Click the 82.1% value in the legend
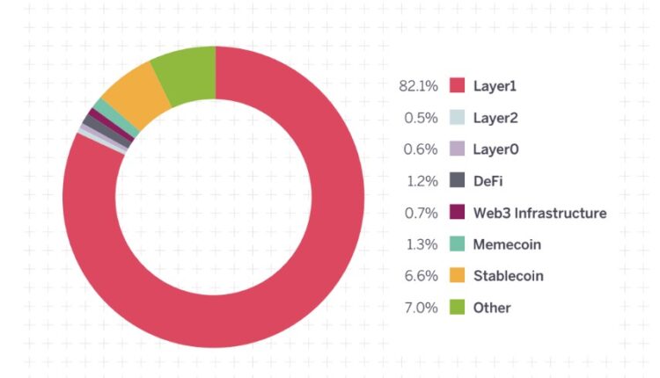click(419, 86)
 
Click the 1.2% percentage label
click(422, 181)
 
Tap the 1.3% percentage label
click(422, 244)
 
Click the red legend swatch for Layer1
click(457, 86)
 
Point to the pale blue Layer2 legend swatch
click(457, 118)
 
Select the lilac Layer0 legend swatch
click(457, 149)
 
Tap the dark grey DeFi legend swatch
click(457, 181)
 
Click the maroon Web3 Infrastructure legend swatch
click(457, 213)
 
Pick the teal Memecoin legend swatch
click(457, 244)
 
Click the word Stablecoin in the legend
click(508, 276)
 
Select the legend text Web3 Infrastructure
click(539, 213)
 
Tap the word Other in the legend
click(491, 308)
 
